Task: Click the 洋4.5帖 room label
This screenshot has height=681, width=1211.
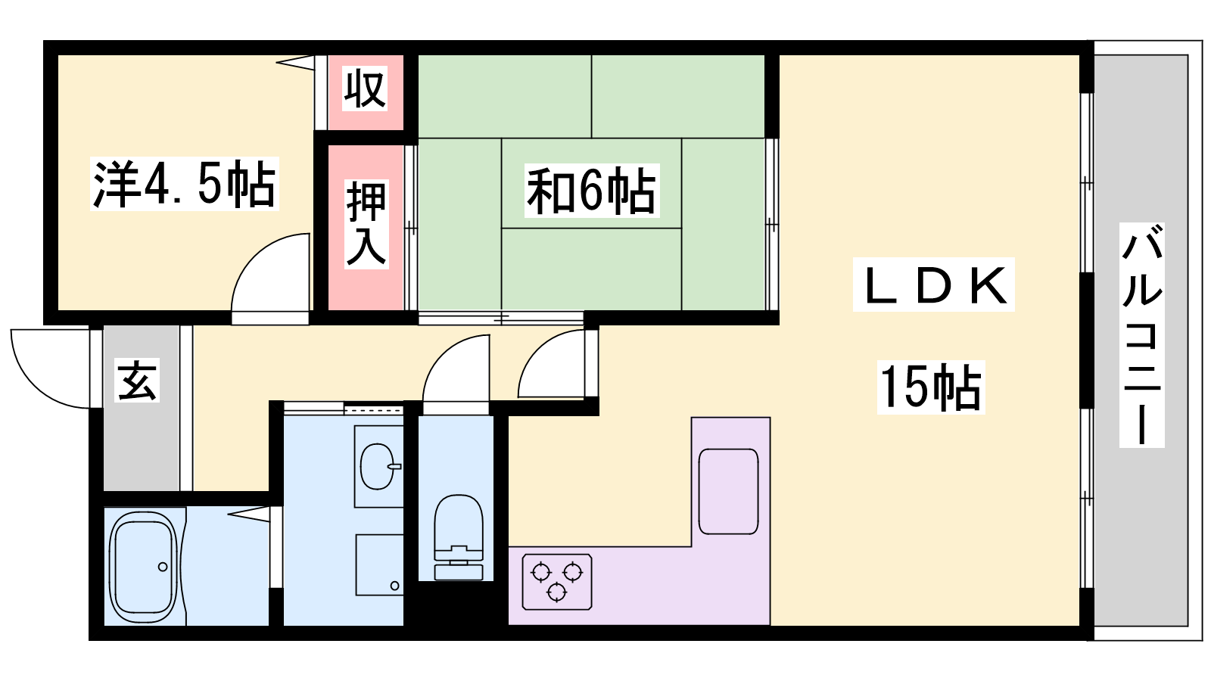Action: pos(185,184)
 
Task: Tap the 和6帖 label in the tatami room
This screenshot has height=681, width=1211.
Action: pos(591,191)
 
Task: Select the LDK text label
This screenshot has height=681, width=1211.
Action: pos(934,285)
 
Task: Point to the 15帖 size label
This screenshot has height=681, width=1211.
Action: pos(931,387)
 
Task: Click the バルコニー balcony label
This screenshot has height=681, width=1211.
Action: pos(1142,335)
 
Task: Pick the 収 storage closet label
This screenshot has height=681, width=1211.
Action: pos(366,88)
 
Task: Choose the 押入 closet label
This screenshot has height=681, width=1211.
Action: pos(366,224)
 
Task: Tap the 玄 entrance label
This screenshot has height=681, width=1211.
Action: pos(137,380)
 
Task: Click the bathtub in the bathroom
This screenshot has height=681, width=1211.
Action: pos(143,566)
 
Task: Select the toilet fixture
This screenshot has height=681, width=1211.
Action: pos(459,537)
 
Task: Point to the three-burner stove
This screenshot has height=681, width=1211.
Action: pos(557,582)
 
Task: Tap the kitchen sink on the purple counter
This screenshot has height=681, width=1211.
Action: pos(728,491)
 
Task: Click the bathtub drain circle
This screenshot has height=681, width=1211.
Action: pos(163,567)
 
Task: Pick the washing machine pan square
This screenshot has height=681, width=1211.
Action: pos(379,564)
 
